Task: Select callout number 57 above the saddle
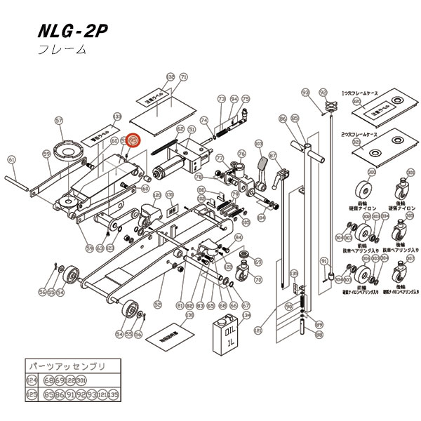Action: tap(59, 120)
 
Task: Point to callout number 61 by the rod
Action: tap(11, 159)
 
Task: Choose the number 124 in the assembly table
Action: tap(31, 380)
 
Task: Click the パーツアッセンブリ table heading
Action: tap(64, 366)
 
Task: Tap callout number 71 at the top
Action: tap(183, 76)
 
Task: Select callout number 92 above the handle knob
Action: tap(323, 92)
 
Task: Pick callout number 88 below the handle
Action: tap(319, 335)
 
